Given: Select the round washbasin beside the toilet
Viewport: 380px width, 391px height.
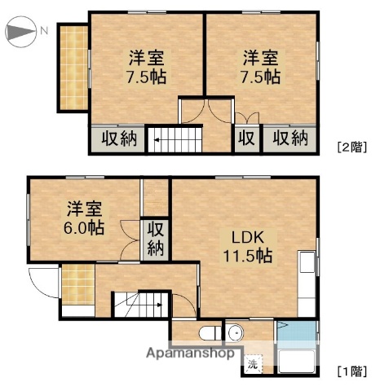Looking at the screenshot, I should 235,332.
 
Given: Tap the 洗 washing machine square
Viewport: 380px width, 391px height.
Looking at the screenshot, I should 253,364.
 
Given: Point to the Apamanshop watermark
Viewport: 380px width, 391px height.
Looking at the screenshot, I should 193,354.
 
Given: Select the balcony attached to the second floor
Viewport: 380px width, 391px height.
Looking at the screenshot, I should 73,68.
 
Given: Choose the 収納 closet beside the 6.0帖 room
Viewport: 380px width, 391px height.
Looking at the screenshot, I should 155,237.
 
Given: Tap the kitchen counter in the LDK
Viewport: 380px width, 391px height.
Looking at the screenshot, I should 307,285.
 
